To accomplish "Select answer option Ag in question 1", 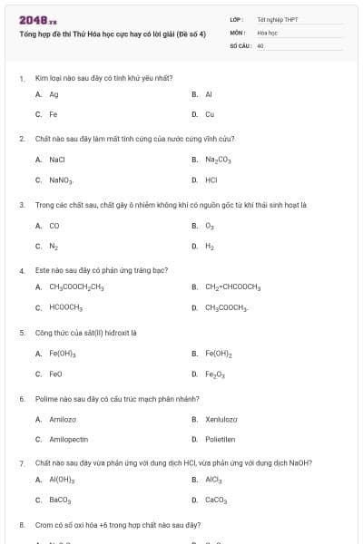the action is pos(54,94).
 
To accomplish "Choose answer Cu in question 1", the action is pos(210,114).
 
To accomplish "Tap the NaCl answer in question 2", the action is pos(56,160).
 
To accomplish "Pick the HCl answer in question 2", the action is pos(211,180).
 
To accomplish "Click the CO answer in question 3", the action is pos(54,226).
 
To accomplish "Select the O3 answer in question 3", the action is pos(210,226).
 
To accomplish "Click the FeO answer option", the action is pos(55,374).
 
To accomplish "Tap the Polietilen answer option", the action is pos(220,439).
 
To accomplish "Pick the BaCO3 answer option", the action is pos(60,500).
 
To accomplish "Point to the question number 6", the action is pos(22,399).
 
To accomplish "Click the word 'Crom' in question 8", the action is pos(44,525).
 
